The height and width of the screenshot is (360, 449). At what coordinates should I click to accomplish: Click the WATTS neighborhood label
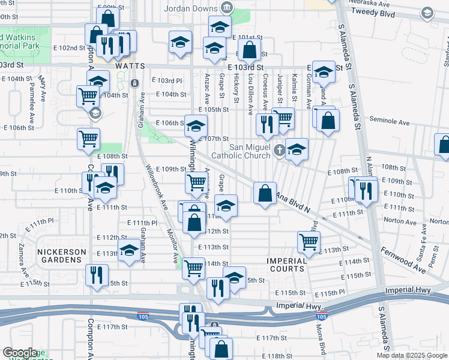click(x=131, y=65)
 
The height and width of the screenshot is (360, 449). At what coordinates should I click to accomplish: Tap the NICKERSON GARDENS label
click(x=60, y=256)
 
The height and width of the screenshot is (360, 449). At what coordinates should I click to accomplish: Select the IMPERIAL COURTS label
click(x=287, y=265)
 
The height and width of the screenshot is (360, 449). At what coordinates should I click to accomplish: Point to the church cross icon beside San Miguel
click(x=279, y=149)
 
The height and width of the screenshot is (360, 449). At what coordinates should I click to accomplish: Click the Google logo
click(x=20, y=353)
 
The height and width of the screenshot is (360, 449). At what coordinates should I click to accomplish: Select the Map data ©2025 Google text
click(x=412, y=355)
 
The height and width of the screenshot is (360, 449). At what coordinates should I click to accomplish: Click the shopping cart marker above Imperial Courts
click(x=309, y=242)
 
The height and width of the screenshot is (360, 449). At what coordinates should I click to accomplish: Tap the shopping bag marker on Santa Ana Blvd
click(x=265, y=193)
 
